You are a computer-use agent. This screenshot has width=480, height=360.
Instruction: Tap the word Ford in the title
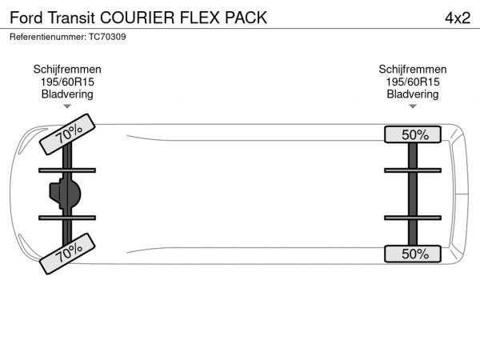pos(26,17)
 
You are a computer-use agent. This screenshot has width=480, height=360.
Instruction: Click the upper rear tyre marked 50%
pos(413,134)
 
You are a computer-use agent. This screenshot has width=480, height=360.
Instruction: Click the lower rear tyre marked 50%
pos(413,254)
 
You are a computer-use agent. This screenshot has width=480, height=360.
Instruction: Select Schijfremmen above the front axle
pos(67,70)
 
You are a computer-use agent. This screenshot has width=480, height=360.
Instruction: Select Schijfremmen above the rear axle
pos(413,70)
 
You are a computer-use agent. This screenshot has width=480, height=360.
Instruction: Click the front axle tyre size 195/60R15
pos(67,82)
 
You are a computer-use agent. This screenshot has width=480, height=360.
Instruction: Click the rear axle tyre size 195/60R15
pos(413,82)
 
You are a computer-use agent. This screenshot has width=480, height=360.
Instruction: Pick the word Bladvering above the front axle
pos(67,94)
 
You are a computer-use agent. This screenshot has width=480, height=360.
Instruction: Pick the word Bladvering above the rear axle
pos(413,94)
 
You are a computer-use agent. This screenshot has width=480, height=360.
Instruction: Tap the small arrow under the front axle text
pos(67,106)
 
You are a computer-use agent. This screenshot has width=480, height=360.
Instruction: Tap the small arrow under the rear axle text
pos(413,106)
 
